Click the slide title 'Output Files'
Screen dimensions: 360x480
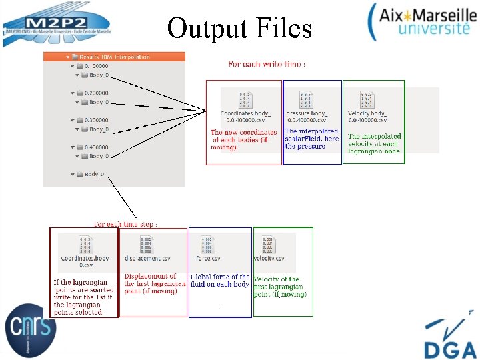239,28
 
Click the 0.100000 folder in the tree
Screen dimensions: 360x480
97,66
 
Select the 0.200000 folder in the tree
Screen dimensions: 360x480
97,93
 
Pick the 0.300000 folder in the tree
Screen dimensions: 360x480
97,120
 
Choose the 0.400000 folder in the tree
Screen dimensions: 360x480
97,147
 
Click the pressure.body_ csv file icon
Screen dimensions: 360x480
306,101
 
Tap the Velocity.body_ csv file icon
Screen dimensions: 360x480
367,101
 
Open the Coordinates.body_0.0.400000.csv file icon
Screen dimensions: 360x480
245,101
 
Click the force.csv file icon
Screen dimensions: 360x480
208,245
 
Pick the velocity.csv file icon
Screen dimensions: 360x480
269,245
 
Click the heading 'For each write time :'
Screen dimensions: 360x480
267,65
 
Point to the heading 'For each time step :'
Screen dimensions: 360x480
125,224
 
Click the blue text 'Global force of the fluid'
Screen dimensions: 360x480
220,281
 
